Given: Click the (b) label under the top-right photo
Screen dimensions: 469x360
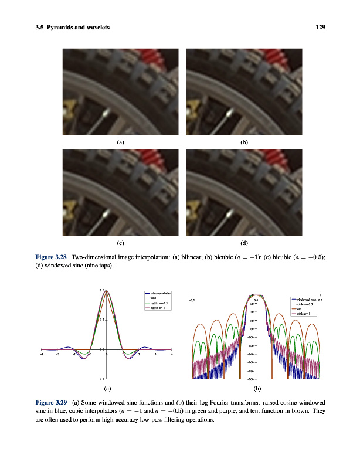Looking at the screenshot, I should tap(244, 142).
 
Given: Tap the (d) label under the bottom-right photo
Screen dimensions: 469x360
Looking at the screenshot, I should tap(244, 242).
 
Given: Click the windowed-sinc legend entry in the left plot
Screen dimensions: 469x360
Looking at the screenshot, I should tap(157, 293).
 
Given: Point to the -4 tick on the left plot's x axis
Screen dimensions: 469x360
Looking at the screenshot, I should tap(41, 354).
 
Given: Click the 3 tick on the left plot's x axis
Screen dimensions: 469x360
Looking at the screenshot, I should tap(155, 354).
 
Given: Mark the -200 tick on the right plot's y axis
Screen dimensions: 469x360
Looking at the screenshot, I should tap(250, 379).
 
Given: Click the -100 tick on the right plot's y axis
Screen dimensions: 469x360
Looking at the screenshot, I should tap(250, 337).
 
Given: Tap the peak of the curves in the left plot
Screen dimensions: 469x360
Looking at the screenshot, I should tap(106, 291).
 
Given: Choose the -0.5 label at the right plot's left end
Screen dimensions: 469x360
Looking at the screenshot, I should tap(192, 300).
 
